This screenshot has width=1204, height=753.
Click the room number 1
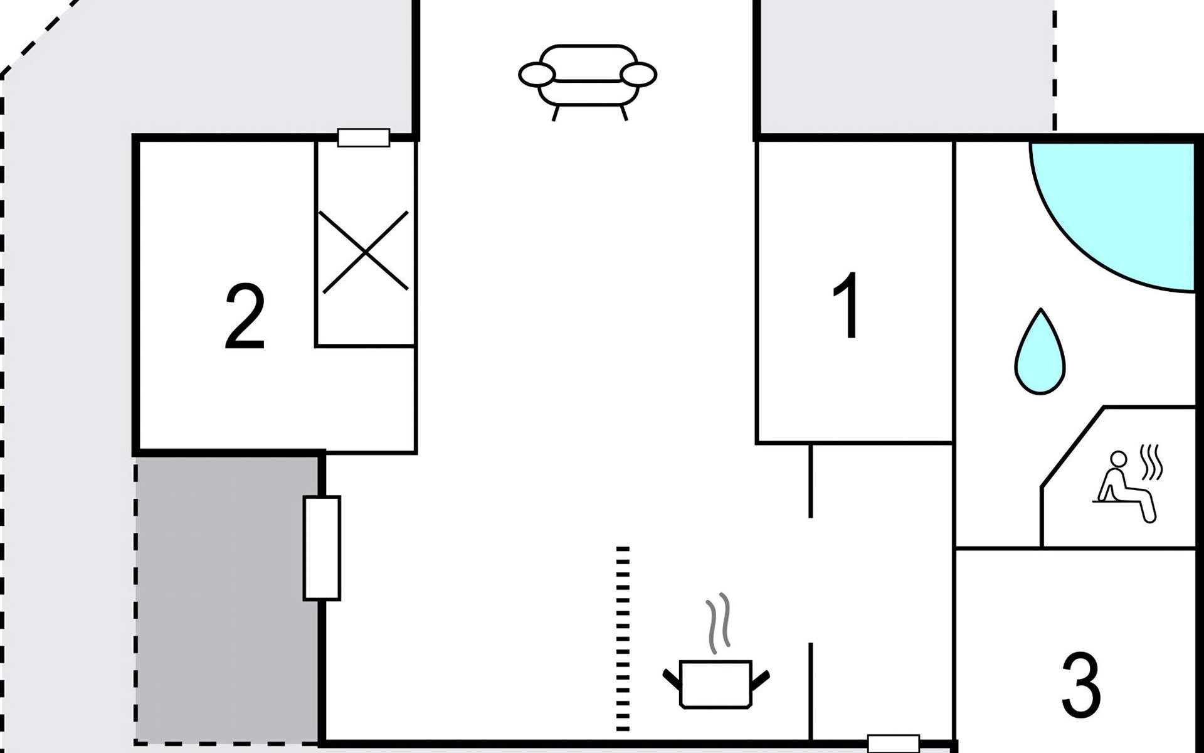tap(847, 306)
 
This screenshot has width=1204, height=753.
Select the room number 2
tap(245, 317)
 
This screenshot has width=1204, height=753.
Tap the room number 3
tap(1081, 685)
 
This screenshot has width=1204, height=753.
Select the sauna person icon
tap(1126, 486)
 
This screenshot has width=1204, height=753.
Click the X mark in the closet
tap(364, 252)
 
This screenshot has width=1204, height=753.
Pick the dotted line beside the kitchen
tap(622, 639)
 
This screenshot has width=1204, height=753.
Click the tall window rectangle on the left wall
tap(322, 548)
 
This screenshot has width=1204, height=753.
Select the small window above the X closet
tap(364, 137)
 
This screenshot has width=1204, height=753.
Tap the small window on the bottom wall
tap(894, 744)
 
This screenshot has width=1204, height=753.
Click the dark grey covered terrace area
tap(227, 599)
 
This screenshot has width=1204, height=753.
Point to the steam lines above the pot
tap(719, 624)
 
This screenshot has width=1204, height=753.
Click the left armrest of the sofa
tap(537, 75)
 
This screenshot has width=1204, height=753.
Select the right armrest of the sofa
tap(638, 75)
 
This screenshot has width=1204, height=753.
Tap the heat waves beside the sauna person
tap(1151, 462)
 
